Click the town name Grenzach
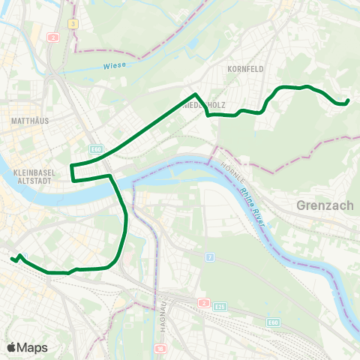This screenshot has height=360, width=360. coord(323,204)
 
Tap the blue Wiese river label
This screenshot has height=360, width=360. coord(112,65)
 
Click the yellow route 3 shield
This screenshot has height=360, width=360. coord(73,24)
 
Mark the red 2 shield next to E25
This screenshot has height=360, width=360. coord(204,302)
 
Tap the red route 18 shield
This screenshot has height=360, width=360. coord(160,349)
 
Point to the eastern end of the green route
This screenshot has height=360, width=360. coord(349,102)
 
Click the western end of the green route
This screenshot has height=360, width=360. coord(13,259)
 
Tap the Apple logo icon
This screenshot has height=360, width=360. coord(12,347)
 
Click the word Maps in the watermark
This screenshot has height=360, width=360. coord(32,347)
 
